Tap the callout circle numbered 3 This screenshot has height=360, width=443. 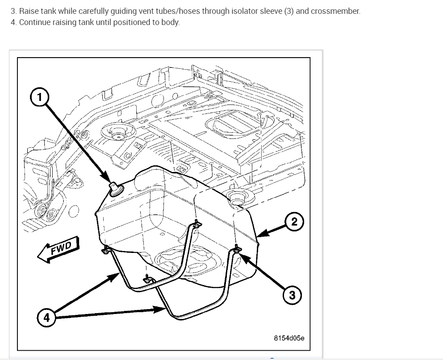pyautogui.click(x=292, y=295)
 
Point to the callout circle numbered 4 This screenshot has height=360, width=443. pyautogui.click(x=46, y=318)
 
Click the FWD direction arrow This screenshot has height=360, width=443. pyautogui.click(x=58, y=251)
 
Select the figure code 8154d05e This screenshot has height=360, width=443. pyautogui.click(x=289, y=338)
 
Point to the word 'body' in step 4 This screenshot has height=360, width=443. pyautogui.click(x=171, y=22)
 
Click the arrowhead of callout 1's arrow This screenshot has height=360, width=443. pyautogui.click(x=109, y=180)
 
